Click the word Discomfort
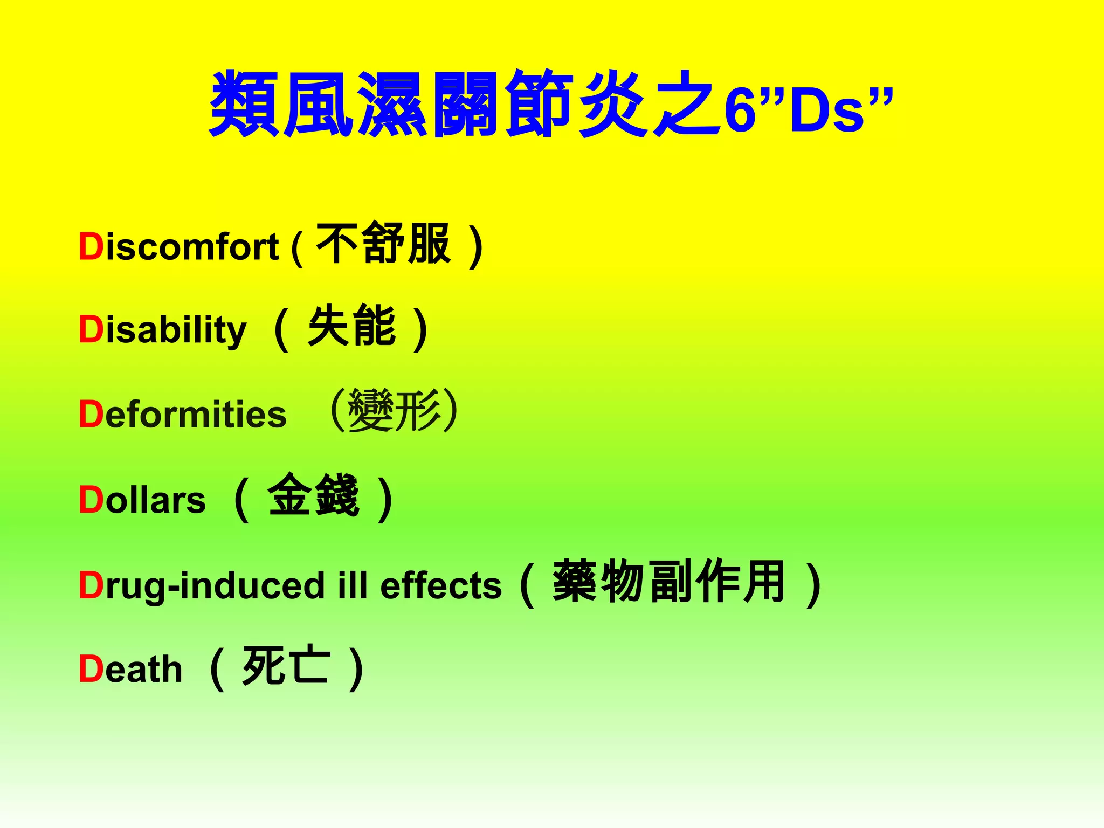pyautogui.click(x=178, y=247)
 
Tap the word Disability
pyautogui.click(x=162, y=329)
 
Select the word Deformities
pyautogui.click(x=182, y=415)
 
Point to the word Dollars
pyautogui.click(x=142, y=500)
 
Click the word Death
pyautogui.click(x=130, y=669)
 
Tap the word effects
pyautogui.click(x=441, y=585)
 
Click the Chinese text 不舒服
pyautogui.click(x=383, y=244)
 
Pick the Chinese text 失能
pyautogui.click(x=352, y=326)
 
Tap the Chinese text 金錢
pyautogui.click(x=313, y=495)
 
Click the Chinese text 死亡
pyautogui.click(x=286, y=666)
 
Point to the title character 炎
pyautogui.click(x=612, y=103)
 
